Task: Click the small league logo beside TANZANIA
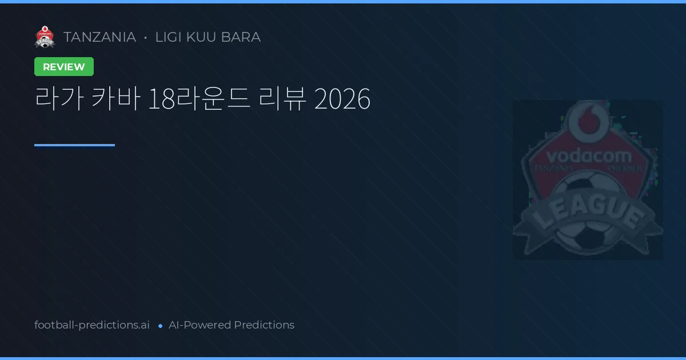click(45, 37)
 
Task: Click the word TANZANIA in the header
click(99, 37)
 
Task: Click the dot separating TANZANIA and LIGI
click(145, 38)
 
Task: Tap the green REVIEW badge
click(64, 67)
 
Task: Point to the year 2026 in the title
click(342, 100)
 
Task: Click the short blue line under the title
click(74, 145)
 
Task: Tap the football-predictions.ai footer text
click(92, 325)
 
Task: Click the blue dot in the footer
click(160, 326)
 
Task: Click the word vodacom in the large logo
click(589, 156)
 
